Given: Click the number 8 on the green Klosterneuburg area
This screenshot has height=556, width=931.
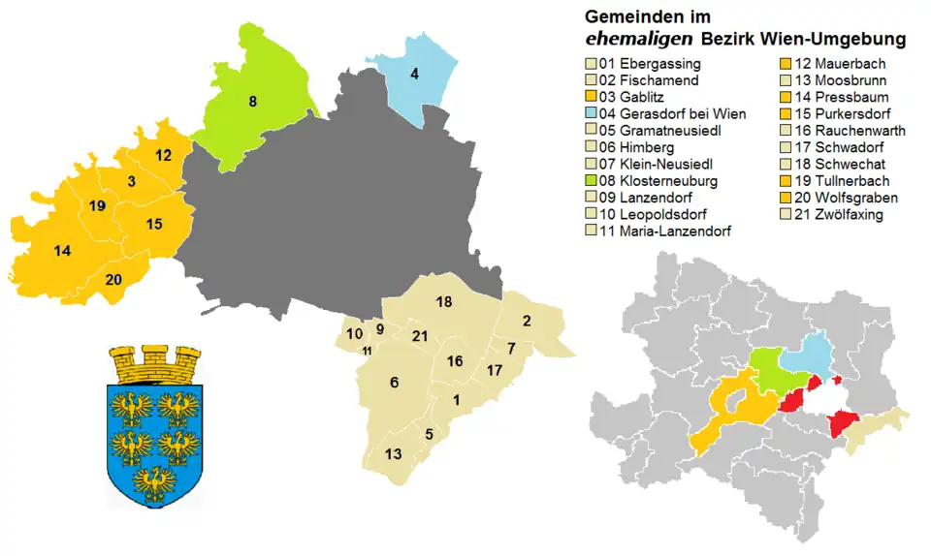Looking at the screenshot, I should (x=252, y=101).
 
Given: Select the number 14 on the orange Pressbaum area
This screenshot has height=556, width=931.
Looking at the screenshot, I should (x=62, y=251).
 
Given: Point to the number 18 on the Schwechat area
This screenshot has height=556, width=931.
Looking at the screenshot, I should (x=444, y=302).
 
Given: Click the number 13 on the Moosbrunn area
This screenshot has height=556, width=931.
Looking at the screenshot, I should (x=393, y=453).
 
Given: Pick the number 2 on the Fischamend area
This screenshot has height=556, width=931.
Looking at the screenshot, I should (x=527, y=321).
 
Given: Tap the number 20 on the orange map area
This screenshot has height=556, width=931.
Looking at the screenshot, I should (x=113, y=280).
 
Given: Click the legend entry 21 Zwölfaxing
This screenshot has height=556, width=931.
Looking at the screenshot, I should (x=840, y=214).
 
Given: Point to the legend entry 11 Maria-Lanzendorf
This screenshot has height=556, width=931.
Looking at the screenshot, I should (x=664, y=231).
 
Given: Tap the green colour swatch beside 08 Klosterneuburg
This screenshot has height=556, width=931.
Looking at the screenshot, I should (x=590, y=180).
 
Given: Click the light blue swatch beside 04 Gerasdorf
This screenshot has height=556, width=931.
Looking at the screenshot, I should (x=590, y=114).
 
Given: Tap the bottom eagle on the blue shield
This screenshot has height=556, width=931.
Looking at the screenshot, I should (x=154, y=481).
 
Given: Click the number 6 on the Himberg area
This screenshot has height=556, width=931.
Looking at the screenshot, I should (x=394, y=383).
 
